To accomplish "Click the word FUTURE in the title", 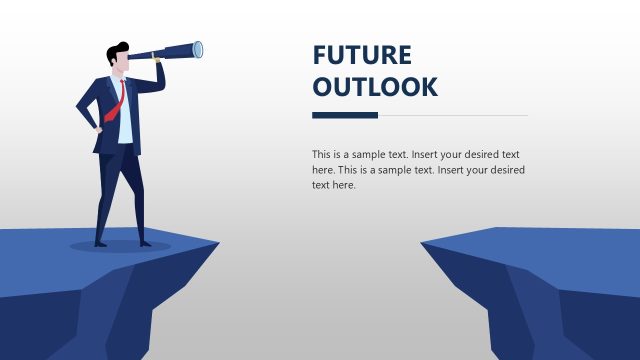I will (x=361, y=55).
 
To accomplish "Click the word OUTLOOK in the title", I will (x=375, y=87).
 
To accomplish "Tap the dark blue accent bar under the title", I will (x=344, y=115).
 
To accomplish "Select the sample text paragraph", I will (x=418, y=170).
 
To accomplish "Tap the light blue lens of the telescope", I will (x=198, y=48).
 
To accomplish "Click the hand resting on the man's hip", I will (x=98, y=127).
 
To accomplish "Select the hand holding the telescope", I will (x=157, y=66).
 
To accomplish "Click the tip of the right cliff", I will (x=424, y=243).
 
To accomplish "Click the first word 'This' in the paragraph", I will (x=321, y=155).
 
